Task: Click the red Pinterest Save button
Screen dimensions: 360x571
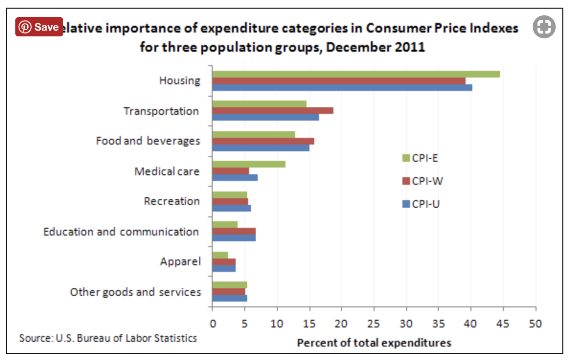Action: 39,27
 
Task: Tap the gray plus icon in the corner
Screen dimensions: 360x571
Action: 544,27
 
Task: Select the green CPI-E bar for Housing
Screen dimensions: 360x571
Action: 356,74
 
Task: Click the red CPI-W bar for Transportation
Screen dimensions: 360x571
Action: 273,111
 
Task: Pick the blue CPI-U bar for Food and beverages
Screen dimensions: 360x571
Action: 261,147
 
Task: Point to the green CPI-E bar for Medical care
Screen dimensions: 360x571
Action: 249,164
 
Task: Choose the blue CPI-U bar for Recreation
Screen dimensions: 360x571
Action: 231,208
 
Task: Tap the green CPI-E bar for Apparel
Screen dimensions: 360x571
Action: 220,255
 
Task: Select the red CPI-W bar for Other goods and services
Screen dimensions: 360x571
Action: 228,292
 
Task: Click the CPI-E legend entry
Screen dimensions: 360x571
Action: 420,158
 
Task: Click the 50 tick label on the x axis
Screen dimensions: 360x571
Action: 536,324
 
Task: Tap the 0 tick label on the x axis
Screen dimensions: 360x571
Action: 212,324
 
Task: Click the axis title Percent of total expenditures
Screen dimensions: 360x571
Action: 374,343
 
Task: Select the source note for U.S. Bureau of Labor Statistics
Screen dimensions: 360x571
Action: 108,338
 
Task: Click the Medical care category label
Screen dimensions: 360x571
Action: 167,171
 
